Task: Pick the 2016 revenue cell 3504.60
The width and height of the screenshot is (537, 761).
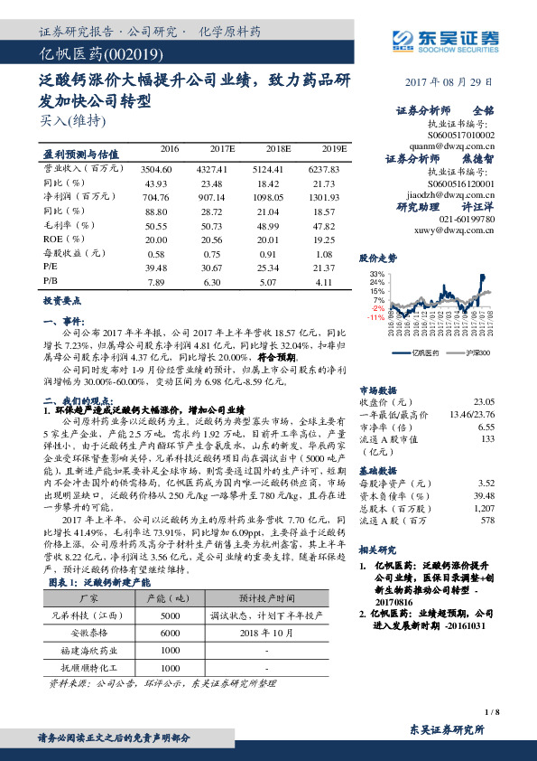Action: pyautogui.click(x=158, y=169)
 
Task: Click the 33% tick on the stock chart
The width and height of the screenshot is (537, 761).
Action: pyautogui.click(x=377, y=272)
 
